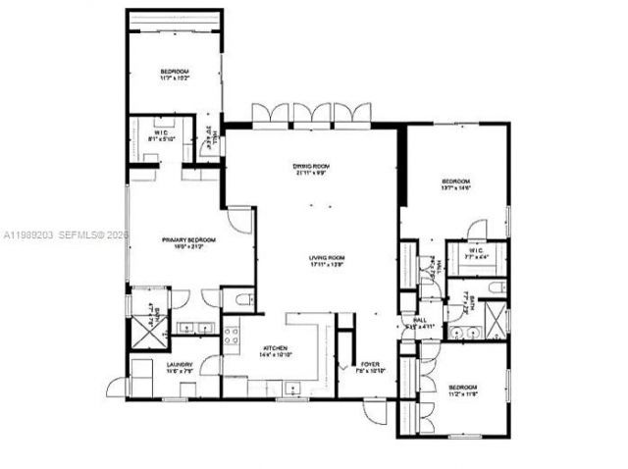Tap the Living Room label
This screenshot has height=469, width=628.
point(311,261)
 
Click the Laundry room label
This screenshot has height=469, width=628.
point(179,368)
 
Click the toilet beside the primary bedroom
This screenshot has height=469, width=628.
point(240,299)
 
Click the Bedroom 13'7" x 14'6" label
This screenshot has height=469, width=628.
point(455,185)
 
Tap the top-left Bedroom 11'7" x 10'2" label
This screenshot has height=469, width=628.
point(175,75)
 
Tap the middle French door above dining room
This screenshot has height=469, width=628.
point(311,114)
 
